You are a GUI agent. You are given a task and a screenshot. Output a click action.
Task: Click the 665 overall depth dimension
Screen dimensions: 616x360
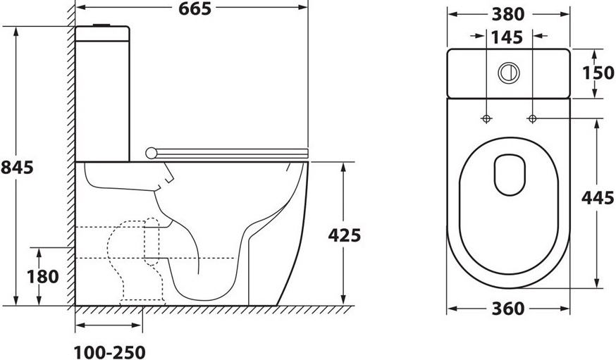click(195, 8)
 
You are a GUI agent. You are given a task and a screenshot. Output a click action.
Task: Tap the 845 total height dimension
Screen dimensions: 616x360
click(17, 167)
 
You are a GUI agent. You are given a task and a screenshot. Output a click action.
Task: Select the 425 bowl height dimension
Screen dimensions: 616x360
click(344, 235)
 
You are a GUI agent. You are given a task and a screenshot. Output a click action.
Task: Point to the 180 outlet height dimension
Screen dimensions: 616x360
click(43, 276)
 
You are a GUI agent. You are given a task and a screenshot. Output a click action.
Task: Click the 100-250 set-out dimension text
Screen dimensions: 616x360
click(110, 352)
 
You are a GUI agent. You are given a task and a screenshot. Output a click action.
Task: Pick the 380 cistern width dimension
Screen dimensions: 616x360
click(508, 15)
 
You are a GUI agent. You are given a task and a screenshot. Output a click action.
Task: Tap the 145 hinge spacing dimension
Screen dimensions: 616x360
click(507, 37)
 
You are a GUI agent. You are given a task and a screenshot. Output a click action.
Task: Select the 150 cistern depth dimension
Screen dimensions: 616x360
click(598, 73)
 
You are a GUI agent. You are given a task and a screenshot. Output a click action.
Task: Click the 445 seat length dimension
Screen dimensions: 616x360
click(598, 197)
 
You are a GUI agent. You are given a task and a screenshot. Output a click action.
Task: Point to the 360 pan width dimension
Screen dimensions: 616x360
click(508, 309)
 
